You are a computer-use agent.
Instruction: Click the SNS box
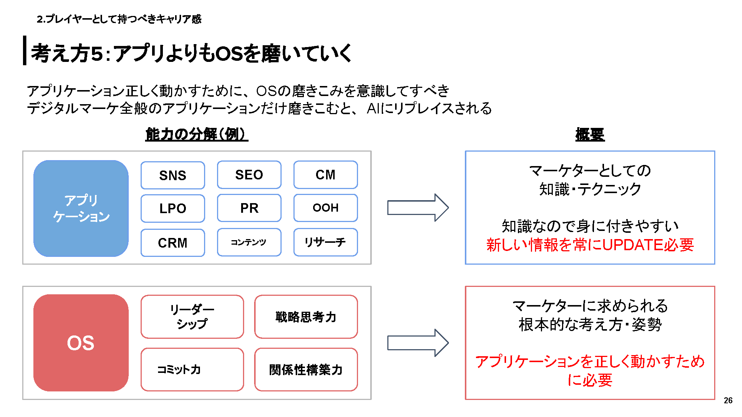pos(173,175)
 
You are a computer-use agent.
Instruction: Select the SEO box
pos(249,175)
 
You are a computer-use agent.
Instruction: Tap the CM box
pos(325,175)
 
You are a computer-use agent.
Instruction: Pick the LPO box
pos(173,208)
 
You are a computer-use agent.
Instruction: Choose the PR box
pos(249,208)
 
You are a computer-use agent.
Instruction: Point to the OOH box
pos(325,208)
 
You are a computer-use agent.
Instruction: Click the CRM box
pos(173,243)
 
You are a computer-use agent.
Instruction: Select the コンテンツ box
pos(249,242)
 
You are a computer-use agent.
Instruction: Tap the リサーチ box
pos(325,242)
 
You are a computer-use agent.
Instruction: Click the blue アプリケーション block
pos(81,208)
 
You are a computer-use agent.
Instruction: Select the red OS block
pos(81,343)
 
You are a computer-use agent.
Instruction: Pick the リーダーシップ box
pos(192,317)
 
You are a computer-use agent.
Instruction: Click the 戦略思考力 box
pos(306,317)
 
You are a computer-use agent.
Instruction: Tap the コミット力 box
pos(192,369)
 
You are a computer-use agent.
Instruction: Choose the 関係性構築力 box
pos(306,369)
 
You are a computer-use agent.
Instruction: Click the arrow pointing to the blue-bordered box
pos(417,208)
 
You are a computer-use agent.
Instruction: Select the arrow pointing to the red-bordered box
pos(417,343)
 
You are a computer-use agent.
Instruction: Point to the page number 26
pos(728,400)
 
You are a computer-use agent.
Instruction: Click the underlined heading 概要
pos(590,134)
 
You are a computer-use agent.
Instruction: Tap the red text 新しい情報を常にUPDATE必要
pos(590,245)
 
